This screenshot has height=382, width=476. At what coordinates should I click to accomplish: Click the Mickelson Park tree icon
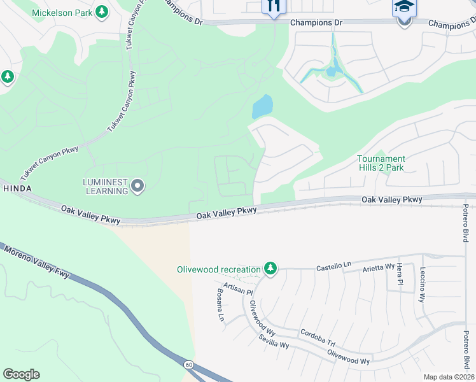[102, 11]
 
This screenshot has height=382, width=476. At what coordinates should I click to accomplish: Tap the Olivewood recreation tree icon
[271, 269]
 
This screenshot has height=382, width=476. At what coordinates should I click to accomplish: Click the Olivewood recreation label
[218, 269]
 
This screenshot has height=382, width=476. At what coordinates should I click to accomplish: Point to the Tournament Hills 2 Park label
[381, 163]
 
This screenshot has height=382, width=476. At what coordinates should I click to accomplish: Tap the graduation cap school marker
[403, 8]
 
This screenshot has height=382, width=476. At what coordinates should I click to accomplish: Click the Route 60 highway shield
[189, 365]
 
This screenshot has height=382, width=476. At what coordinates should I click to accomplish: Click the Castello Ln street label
[333, 267]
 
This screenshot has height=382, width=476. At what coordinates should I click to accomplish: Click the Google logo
[21, 374]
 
